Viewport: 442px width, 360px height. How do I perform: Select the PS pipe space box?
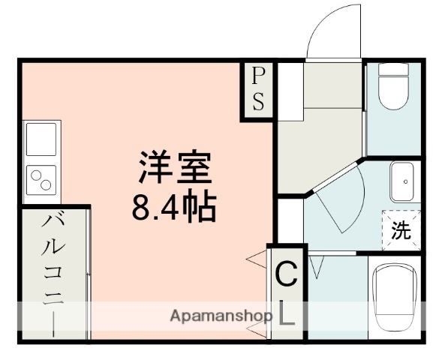click(x=258, y=89)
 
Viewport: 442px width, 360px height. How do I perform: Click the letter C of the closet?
click(x=286, y=275)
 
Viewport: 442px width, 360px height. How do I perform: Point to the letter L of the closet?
click(x=287, y=315)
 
